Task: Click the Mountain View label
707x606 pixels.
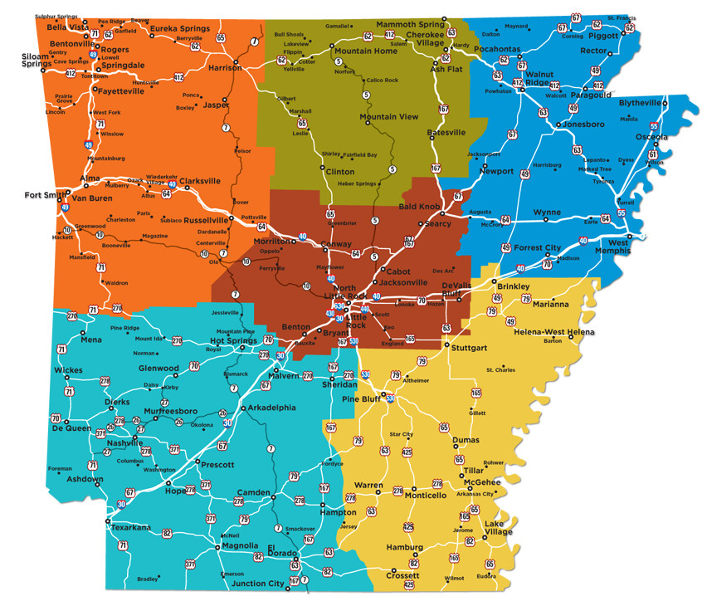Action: [389, 117]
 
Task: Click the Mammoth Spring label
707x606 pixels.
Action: [412, 25]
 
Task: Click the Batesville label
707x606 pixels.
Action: [446, 132]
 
